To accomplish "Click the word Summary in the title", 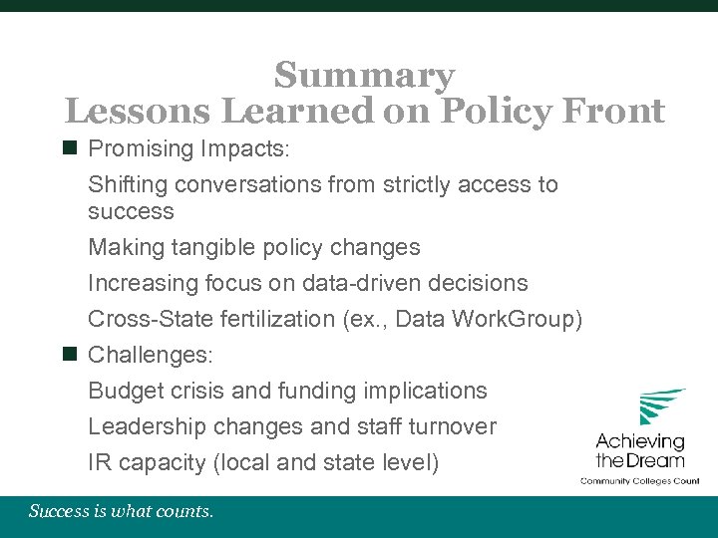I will pyautogui.click(x=364, y=75).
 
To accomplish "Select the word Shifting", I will pyautogui.click(x=127, y=184).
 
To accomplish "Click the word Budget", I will pyautogui.click(x=122, y=391).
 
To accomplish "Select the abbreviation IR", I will pyautogui.click(x=100, y=462).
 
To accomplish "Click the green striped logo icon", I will pyautogui.click(x=661, y=406).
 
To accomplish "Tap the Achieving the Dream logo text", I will pyautogui.click(x=640, y=450).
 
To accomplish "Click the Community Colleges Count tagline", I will pyautogui.click(x=640, y=480).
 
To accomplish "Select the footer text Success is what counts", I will pyautogui.click(x=121, y=512).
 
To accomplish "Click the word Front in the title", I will pyautogui.click(x=617, y=111).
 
